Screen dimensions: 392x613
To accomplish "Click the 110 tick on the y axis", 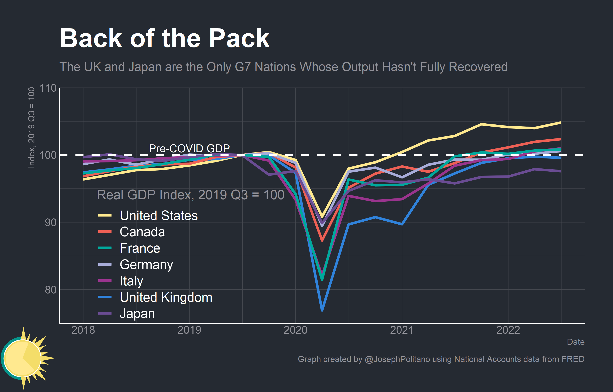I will (48, 88).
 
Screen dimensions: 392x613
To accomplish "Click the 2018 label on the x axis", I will (83, 330).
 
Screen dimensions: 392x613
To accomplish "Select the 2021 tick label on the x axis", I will (402, 330).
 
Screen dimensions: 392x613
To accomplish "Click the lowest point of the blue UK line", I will (322, 310).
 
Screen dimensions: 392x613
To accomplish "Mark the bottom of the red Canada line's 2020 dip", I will (322, 240).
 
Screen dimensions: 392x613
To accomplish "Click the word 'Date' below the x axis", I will (576, 342).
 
